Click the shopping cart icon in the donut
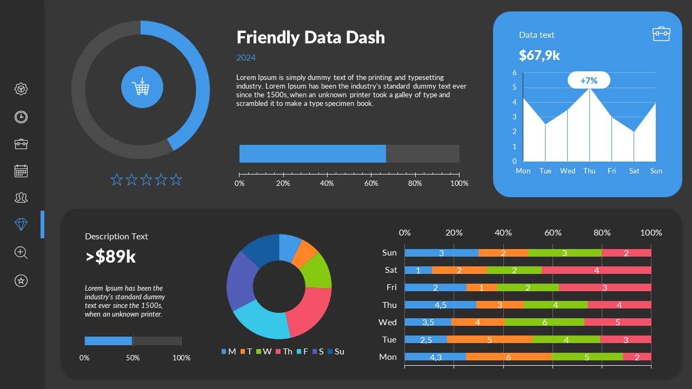pyautogui.click(x=141, y=87)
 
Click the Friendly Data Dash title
pyautogui.click(x=311, y=37)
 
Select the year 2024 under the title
pyautogui.click(x=246, y=58)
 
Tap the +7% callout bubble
pyautogui.click(x=589, y=81)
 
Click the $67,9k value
pyautogui.click(x=539, y=55)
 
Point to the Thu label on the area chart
pyautogui.click(x=589, y=171)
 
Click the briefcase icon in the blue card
pyautogui.click(x=661, y=33)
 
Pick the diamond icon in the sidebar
pyautogui.click(x=21, y=224)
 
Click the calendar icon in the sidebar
pyautogui.click(x=21, y=171)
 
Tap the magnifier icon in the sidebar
pyautogui.click(x=21, y=252)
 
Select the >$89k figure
pyautogui.click(x=111, y=257)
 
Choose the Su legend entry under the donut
pyautogui.click(x=336, y=352)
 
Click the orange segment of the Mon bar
pyautogui.click(x=508, y=357)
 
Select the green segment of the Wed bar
pyautogui.click(x=544, y=322)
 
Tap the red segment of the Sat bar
pyautogui.click(x=596, y=270)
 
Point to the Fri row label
pyautogui.click(x=391, y=287)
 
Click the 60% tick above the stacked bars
pyautogui.click(x=553, y=233)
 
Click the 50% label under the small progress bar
pyautogui.click(x=132, y=358)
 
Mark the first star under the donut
pyautogui.click(x=117, y=180)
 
